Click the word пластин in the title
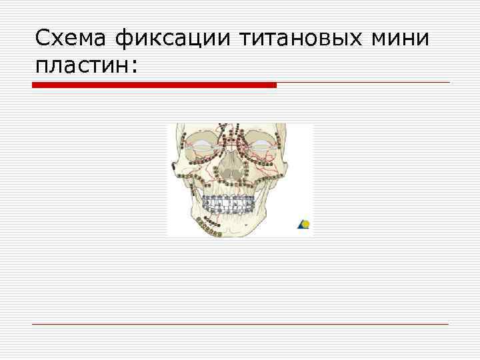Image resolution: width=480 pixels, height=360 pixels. pyautogui.click(x=81, y=65)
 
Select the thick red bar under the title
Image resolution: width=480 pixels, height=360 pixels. pyautogui.click(x=155, y=85)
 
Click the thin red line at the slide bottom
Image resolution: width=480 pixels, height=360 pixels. pyautogui.click(x=240, y=324)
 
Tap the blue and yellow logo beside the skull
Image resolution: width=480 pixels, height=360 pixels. pyautogui.click(x=303, y=225)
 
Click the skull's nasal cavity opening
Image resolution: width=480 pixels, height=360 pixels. pyautogui.click(x=231, y=175)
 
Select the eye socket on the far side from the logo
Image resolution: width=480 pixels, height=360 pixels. pyautogui.click(x=201, y=147)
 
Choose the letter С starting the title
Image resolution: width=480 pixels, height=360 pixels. pyautogui.click(x=42, y=39)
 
